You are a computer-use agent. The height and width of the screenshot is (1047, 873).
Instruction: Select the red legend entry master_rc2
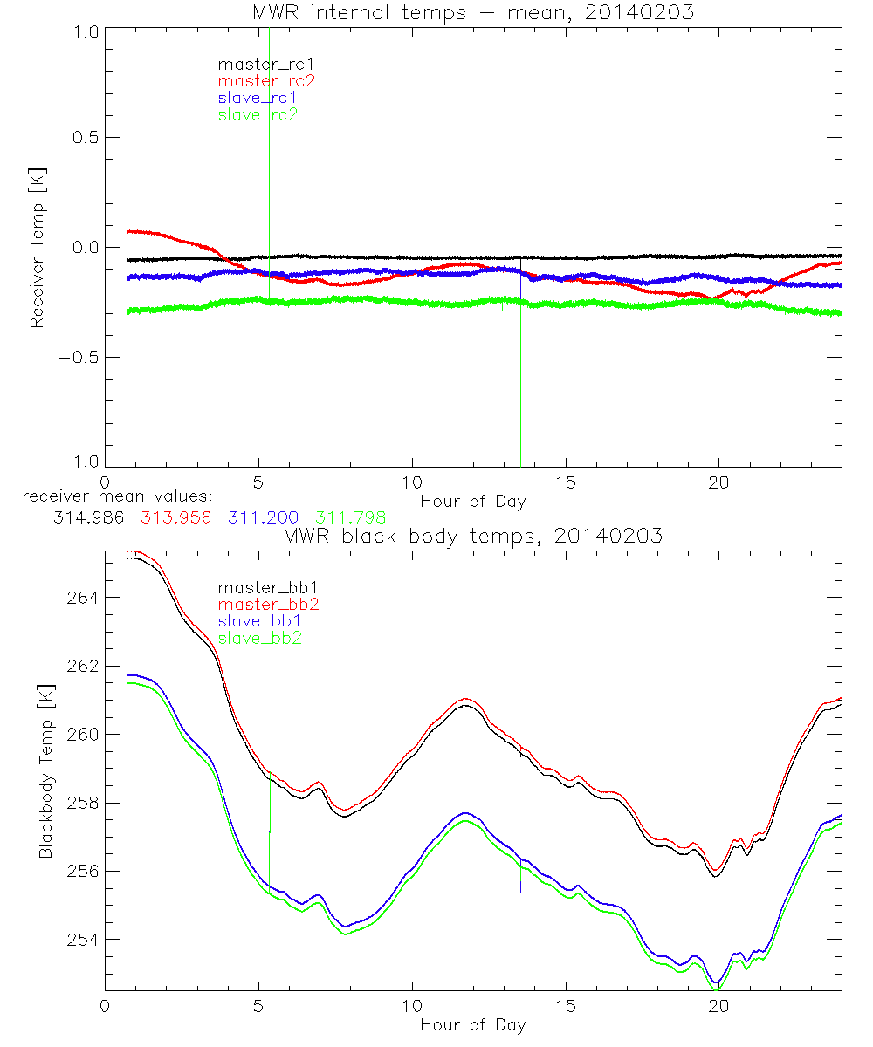click(265, 80)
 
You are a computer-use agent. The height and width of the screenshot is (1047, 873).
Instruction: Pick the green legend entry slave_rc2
click(258, 114)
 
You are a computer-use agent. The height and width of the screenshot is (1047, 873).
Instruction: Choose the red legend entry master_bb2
click(268, 604)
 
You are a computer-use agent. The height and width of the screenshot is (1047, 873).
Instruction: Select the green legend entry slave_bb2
click(261, 638)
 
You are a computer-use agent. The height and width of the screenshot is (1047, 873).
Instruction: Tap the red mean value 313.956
click(176, 517)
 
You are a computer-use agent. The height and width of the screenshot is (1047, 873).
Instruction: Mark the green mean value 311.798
click(351, 517)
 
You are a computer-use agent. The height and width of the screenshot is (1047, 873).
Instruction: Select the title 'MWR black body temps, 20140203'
click(472, 536)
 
